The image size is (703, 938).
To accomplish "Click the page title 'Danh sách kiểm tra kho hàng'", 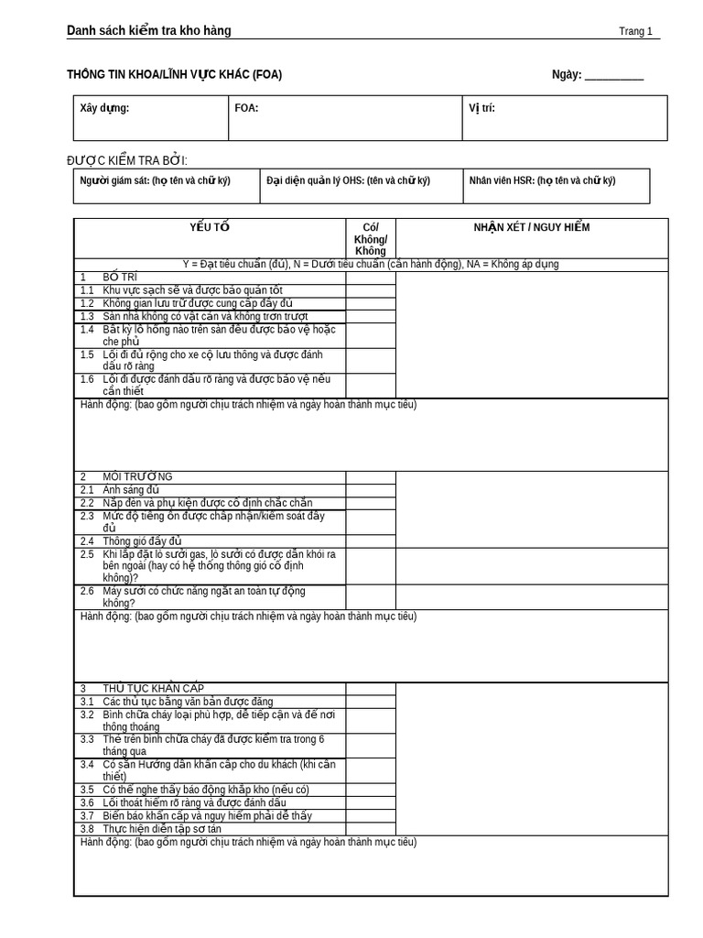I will [x=148, y=31].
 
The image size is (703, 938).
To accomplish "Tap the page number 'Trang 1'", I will [x=635, y=32].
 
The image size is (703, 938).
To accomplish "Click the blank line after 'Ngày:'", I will [x=614, y=75].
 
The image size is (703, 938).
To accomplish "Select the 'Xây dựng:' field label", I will [x=104, y=108].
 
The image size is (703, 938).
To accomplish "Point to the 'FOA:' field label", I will [x=246, y=108].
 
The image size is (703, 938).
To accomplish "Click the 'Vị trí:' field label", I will [x=481, y=108].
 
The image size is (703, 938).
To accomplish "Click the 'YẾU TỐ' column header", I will [x=210, y=227].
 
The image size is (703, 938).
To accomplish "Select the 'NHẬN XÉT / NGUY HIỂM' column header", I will [x=531, y=227].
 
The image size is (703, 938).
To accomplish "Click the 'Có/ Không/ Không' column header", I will [x=370, y=238].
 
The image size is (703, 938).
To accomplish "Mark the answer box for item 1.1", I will [x=370, y=290].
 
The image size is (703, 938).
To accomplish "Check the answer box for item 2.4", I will [x=370, y=541].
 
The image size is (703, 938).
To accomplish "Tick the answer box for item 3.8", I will [x=370, y=828].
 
